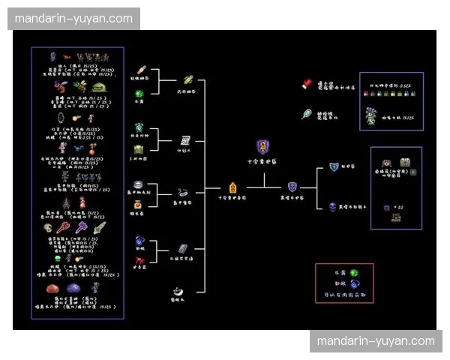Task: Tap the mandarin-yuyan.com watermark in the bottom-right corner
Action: (x=375, y=341)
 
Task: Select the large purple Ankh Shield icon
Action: (x=262, y=146)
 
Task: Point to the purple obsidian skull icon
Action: (x=332, y=205)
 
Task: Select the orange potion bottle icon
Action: (x=139, y=204)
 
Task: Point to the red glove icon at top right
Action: (x=307, y=84)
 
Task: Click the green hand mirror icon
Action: (x=307, y=114)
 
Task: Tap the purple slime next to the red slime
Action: (x=74, y=287)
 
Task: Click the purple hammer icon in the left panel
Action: (x=80, y=226)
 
